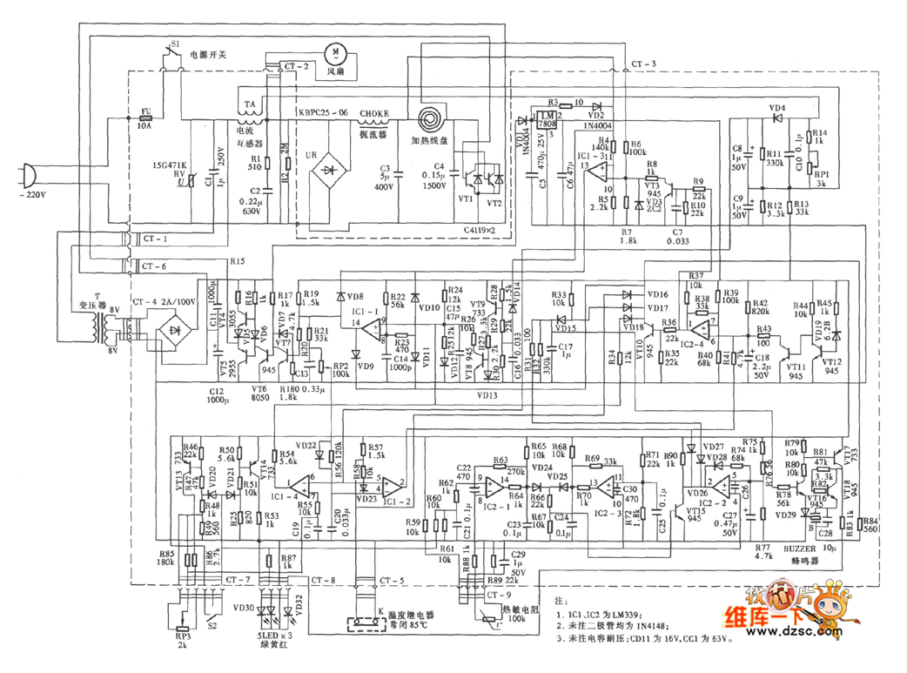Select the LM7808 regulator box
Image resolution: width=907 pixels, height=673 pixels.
pos(548,120)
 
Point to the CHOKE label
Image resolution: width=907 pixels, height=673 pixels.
pos(373,113)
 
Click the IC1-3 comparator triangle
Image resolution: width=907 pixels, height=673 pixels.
pos(598,170)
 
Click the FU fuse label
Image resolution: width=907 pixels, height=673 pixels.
pos(144,113)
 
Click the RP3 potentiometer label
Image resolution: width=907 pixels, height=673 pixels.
pos(180,636)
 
